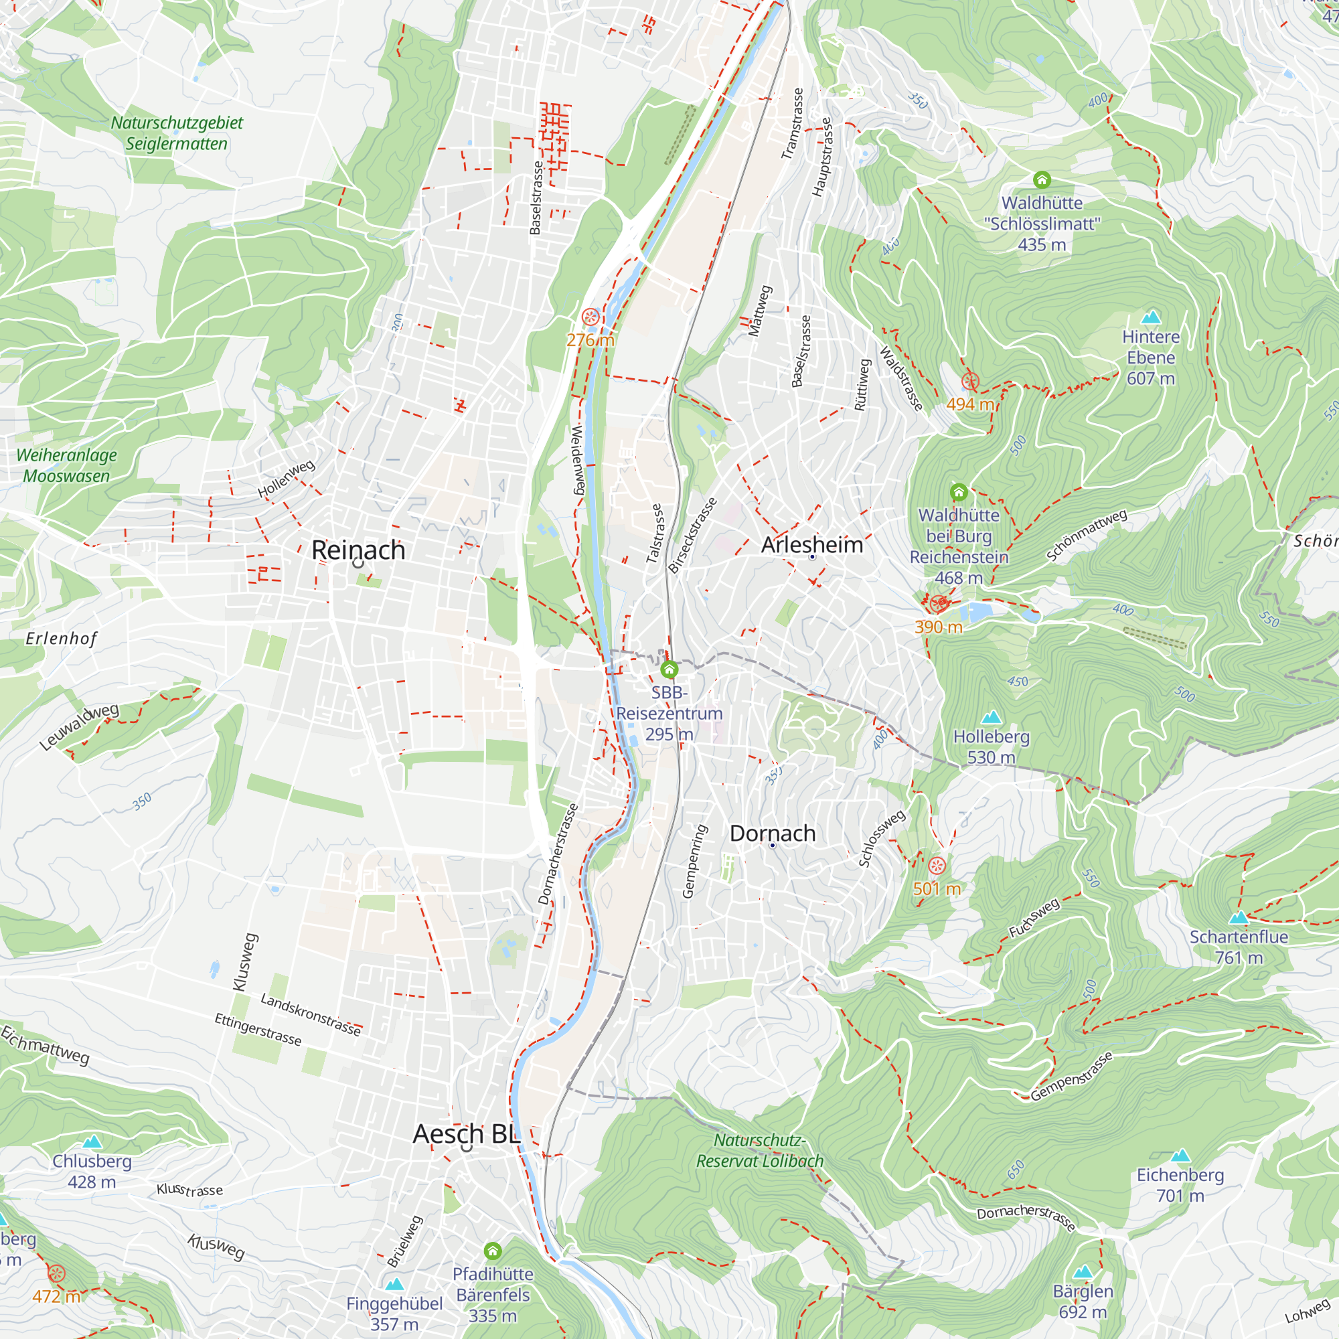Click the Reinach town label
358,550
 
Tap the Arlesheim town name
811,545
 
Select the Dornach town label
772,833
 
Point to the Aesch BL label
466,1134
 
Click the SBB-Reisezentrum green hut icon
669,669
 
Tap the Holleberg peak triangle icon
991,716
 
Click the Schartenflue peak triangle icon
1238,919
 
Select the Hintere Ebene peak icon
1150,317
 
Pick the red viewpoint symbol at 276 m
590,317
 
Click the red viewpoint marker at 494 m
970,380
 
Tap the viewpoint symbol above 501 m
937,866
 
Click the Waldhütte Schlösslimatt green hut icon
1042,180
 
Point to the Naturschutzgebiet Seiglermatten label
177,133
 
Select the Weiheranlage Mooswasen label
66,465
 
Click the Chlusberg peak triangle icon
92,1141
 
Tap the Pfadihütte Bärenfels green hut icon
493,1251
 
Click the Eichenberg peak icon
1180,1156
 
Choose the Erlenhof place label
62,638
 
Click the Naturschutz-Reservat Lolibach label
760,1150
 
